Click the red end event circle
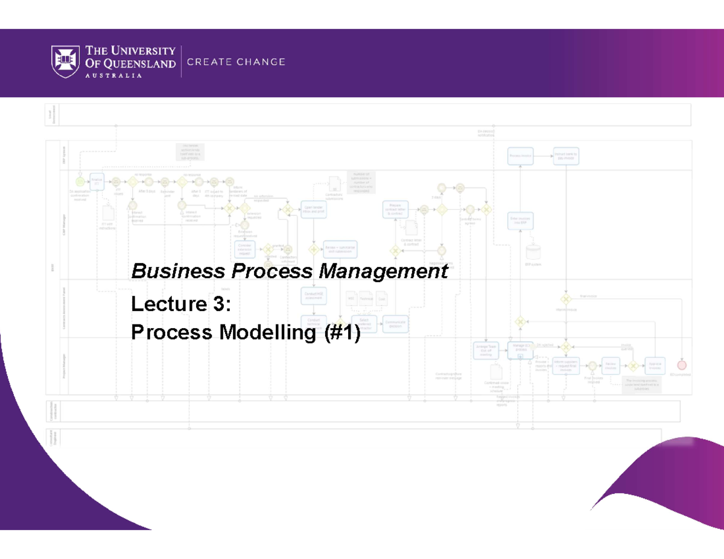(x=682, y=365)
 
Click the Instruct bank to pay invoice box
(x=566, y=156)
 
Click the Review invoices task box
(x=611, y=365)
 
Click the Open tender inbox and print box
(x=314, y=209)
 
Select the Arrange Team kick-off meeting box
(x=486, y=350)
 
